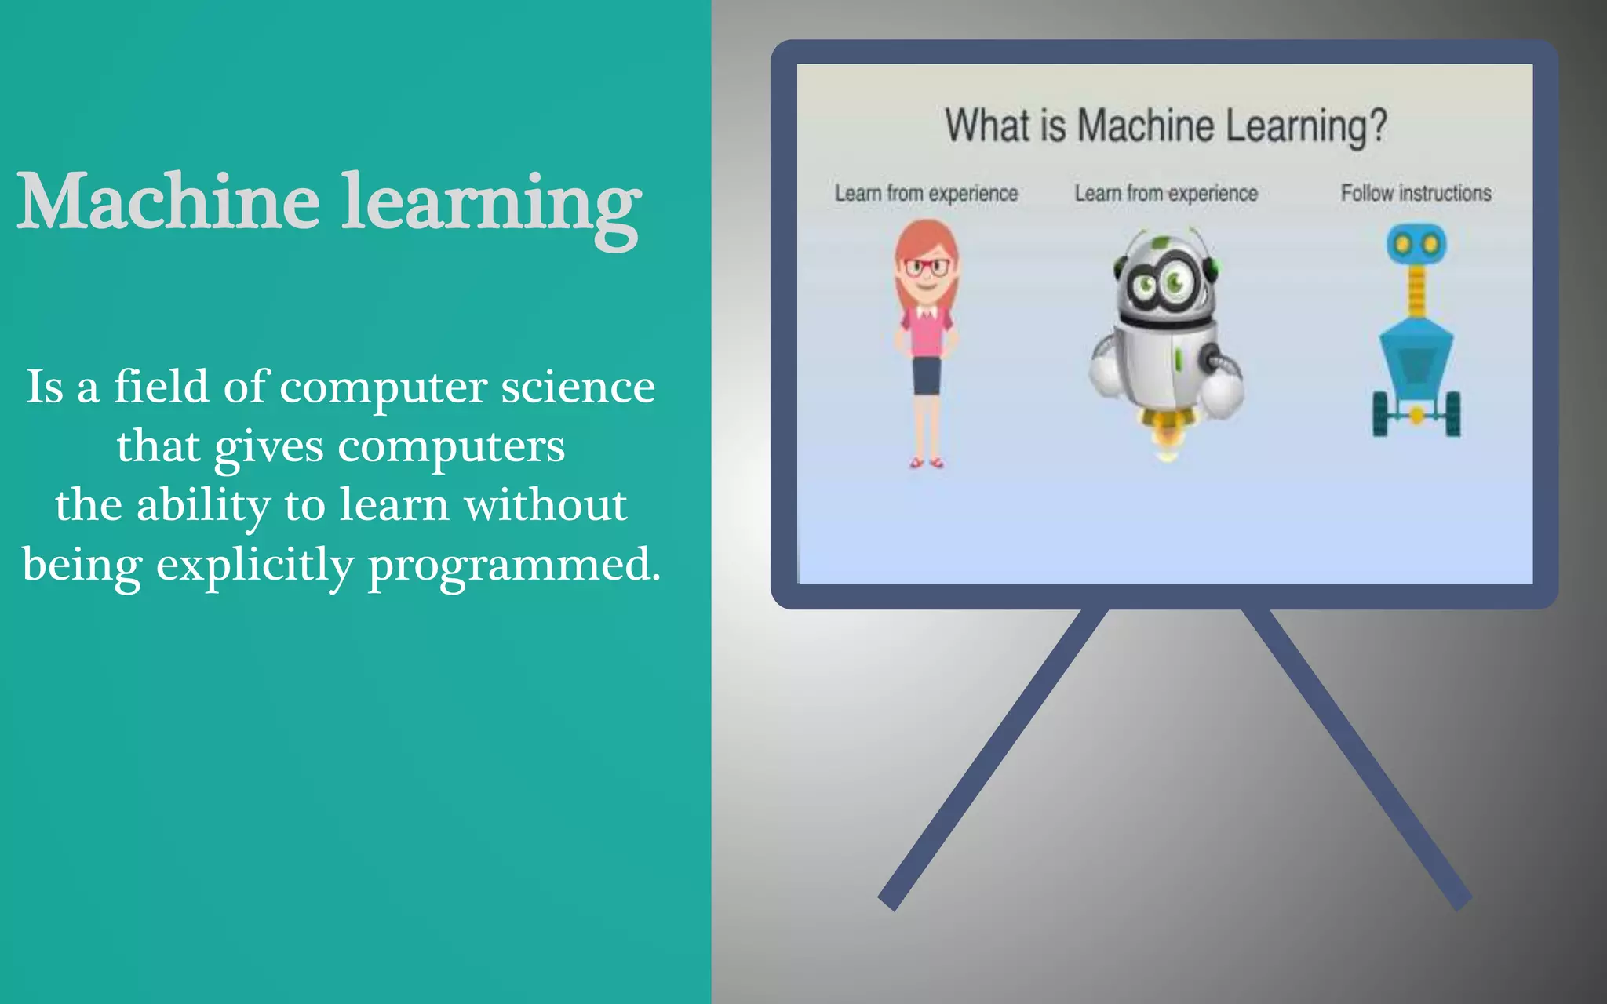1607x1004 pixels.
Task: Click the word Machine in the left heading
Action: (x=169, y=202)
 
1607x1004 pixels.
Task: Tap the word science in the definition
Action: (x=578, y=387)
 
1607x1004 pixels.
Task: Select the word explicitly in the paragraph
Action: (x=255, y=565)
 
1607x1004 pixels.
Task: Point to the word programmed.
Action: (x=514, y=565)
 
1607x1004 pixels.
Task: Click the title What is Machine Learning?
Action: (x=1166, y=126)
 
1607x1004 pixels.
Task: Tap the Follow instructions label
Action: (x=1416, y=193)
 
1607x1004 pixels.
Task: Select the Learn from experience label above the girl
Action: (x=926, y=193)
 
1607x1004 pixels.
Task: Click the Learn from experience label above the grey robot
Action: (x=1166, y=193)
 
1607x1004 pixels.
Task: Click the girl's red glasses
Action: (x=927, y=267)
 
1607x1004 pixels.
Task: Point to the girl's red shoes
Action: (x=926, y=463)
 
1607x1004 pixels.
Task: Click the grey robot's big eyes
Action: (x=1161, y=284)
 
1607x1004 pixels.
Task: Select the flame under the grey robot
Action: (x=1167, y=439)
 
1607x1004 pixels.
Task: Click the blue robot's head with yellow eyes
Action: (x=1416, y=244)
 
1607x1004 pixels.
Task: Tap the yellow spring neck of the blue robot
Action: (x=1416, y=290)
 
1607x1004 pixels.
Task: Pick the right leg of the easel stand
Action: (x=1357, y=757)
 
